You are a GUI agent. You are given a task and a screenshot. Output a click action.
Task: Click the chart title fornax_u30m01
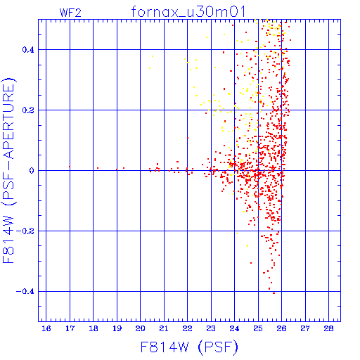point(188,12)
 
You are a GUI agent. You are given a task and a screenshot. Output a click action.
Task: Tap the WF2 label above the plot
point(70,13)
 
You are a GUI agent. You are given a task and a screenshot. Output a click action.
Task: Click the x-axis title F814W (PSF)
point(189,347)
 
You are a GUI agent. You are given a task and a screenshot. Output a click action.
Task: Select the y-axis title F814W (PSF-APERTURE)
point(9,170)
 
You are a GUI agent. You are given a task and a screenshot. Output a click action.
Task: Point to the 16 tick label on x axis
point(46,328)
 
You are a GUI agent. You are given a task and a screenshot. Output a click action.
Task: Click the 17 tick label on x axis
point(70,328)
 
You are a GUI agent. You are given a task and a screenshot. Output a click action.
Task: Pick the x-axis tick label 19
point(117,328)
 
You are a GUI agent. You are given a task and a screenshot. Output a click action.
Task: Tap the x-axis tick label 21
point(164,328)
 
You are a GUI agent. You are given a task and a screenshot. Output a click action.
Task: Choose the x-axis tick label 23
point(211,328)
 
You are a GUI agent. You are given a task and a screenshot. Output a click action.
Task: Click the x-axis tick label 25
point(258,328)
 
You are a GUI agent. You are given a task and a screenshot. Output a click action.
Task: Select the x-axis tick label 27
point(305,328)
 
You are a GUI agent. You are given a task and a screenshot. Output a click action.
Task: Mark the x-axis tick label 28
point(328,328)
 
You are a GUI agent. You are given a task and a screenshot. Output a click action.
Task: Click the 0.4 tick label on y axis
point(28,50)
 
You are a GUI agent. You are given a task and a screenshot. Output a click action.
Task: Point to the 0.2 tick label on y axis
point(28,110)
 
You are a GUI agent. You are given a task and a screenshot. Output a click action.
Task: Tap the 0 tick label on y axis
point(32,171)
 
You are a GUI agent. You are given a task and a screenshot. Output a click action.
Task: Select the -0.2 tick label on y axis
point(25,231)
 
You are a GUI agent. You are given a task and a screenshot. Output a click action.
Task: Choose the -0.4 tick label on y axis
point(25,292)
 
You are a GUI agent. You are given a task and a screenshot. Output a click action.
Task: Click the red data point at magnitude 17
point(70,167)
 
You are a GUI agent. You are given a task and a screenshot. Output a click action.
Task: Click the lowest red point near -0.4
point(274,293)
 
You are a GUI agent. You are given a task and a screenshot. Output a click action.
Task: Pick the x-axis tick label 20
point(140,328)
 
